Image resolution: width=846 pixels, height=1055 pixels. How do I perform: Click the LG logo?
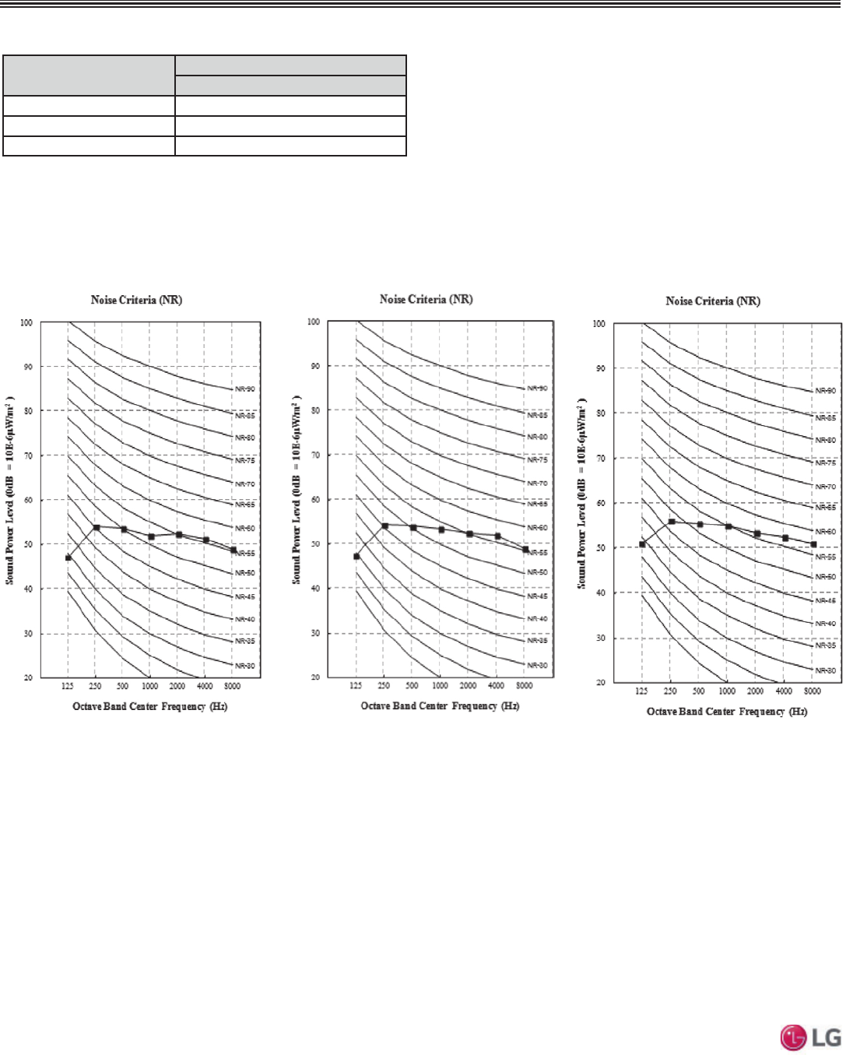pos(810,1037)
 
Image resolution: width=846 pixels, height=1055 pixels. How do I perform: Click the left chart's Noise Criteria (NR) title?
pos(136,300)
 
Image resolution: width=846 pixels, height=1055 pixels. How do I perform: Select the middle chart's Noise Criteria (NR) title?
pos(426,299)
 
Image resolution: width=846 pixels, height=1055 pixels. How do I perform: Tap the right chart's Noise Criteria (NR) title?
pos(712,301)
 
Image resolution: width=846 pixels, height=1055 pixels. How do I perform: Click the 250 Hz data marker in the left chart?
pos(97,527)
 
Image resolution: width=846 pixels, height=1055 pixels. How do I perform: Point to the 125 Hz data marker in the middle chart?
pos(356,556)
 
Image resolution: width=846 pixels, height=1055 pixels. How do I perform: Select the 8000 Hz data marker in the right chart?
pos(813,544)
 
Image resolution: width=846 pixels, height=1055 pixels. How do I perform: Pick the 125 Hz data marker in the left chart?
pos(68,557)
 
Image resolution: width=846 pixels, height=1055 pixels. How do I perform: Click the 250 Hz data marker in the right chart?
pos(672,522)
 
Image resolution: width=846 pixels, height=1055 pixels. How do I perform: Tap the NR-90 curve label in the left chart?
pos(245,389)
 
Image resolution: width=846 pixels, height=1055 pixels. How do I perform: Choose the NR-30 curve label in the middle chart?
pos(537,665)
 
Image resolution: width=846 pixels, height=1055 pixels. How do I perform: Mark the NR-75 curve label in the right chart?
pos(825,462)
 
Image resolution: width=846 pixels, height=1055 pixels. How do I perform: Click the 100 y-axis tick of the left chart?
pos(26,322)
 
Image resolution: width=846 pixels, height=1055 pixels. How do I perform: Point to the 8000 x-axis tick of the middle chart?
pos(525,686)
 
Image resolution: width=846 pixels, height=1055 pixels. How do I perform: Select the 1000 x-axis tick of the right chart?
pos(727,691)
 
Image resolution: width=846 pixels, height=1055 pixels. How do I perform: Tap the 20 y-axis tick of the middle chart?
pos(315,677)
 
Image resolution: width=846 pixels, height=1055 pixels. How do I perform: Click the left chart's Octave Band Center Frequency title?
pos(149,706)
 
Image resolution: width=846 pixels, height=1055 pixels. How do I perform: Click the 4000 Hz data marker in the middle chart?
pos(497,536)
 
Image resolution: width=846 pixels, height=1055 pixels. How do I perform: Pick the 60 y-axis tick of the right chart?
pos(600,503)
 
